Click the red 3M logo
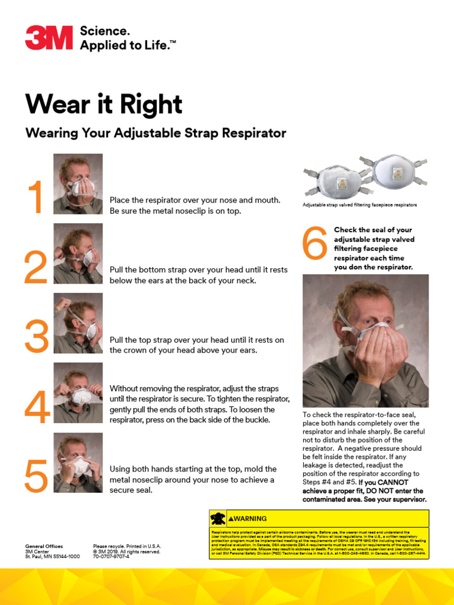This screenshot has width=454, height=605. (48, 38)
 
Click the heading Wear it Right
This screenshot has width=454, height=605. (103, 105)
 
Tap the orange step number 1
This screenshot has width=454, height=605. (36, 198)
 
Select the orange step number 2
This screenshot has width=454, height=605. (35, 268)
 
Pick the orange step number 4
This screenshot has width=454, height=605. (37, 406)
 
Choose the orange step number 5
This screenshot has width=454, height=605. (36, 476)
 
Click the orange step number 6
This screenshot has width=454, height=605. (315, 243)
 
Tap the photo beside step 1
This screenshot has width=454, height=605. (78, 184)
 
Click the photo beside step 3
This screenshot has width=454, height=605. (78, 323)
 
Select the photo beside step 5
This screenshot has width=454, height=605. (78, 463)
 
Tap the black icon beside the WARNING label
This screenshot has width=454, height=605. (218, 519)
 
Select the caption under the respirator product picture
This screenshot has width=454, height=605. (359, 205)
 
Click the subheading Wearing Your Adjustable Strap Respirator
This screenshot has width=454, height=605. (155, 133)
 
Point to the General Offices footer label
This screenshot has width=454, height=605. (44, 547)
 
